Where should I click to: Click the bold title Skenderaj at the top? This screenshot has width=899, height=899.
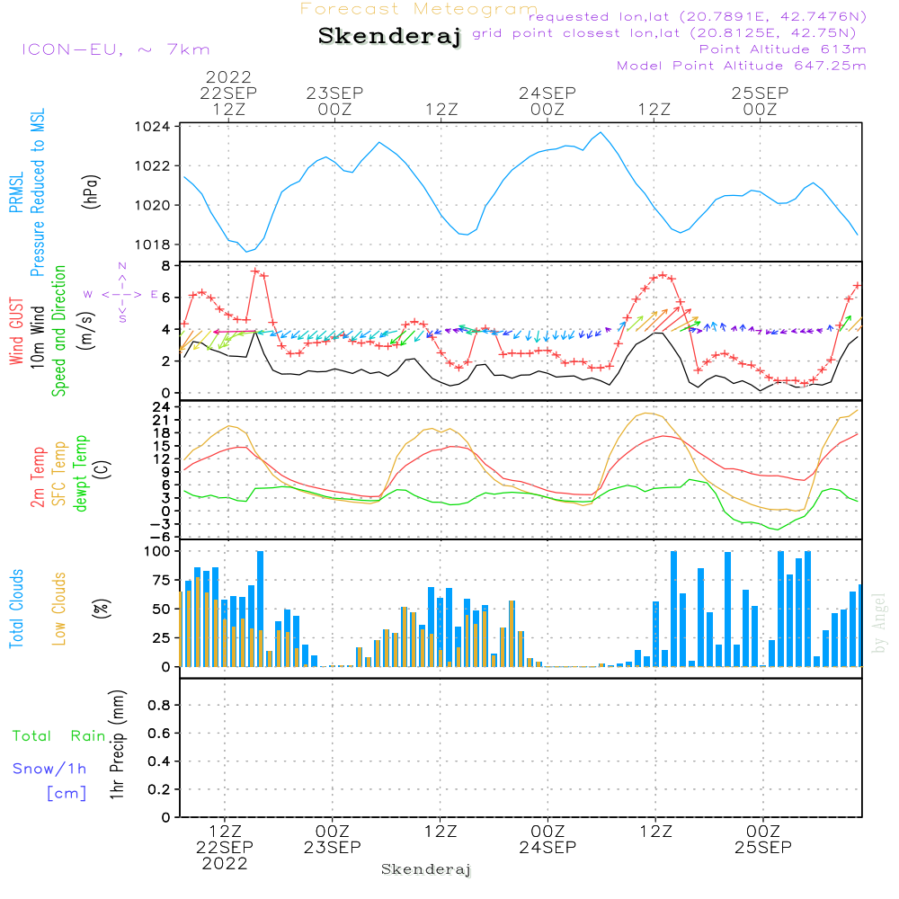(x=389, y=37)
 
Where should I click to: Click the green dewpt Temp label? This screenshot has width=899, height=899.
(x=81, y=474)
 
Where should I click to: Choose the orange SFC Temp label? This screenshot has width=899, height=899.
(x=59, y=474)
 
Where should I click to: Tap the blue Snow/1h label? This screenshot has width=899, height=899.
(x=49, y=769)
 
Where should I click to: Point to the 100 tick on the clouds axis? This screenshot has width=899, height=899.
(x=157, y=550)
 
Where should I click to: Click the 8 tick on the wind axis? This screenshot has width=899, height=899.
(x=165, y=266)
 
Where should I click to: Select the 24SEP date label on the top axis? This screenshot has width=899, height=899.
(x=547, y=93)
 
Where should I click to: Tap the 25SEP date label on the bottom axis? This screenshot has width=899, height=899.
(x=762, y=847)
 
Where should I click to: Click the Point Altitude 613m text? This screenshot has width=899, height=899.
(x=782, y=49)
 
